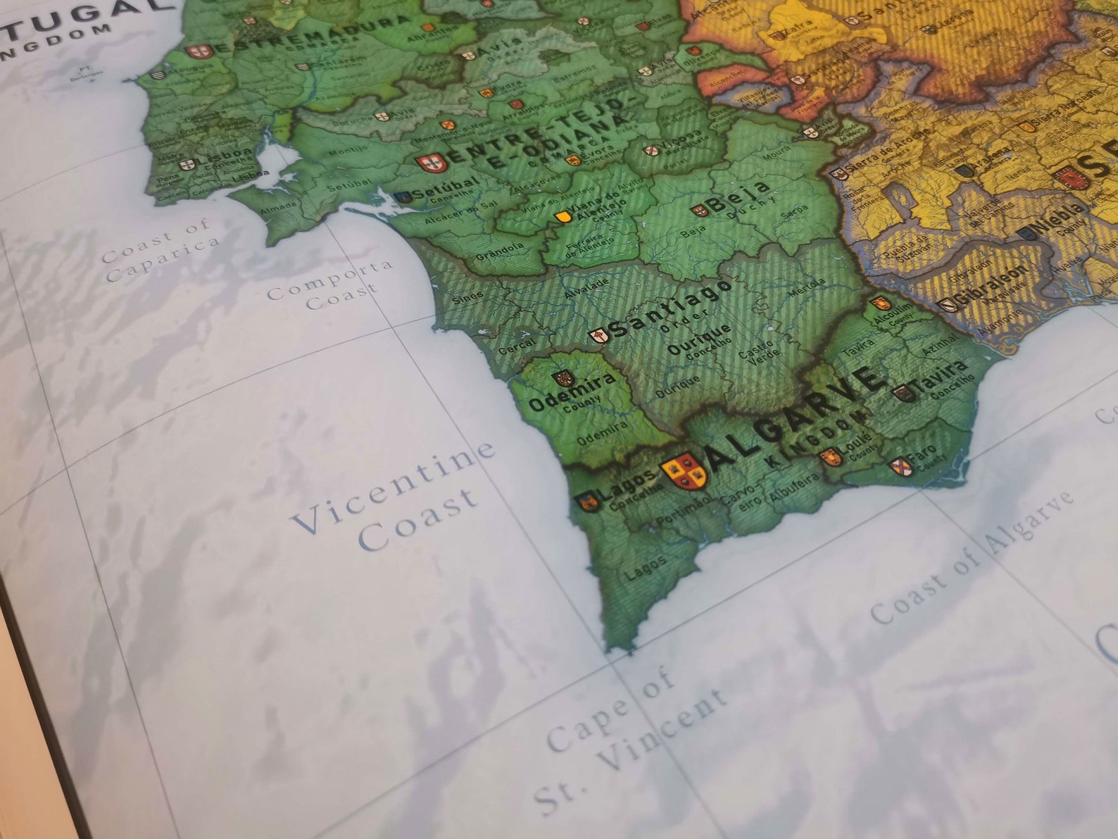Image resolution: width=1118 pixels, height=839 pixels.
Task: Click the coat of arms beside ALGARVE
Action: pyautogui.click(x=684, y=470)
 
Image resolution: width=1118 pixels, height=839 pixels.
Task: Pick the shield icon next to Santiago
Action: pyautogui.click(x=598, y=336)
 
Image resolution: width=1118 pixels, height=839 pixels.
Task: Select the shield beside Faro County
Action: pyautogui.click(x=901, y=466)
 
